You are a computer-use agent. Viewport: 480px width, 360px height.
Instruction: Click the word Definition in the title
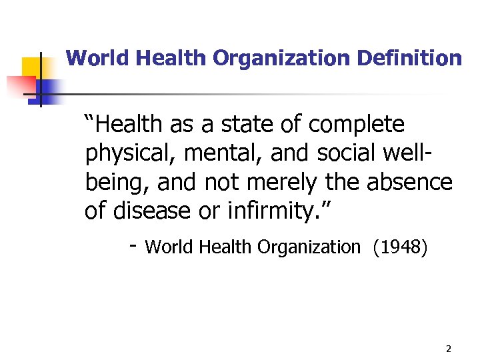point(409,59)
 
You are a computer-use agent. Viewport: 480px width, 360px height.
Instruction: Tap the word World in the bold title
point(97,59)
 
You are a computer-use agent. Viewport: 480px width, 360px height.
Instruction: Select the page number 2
point(448,349)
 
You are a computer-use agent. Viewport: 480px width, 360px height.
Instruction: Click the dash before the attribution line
point(133,247)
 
